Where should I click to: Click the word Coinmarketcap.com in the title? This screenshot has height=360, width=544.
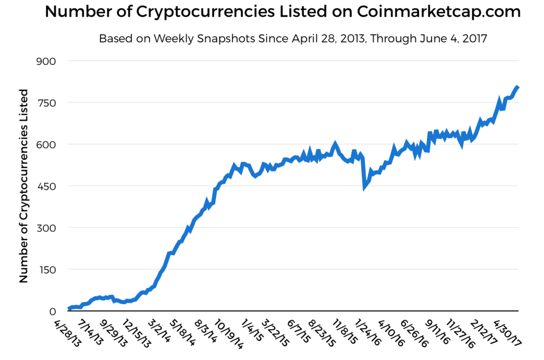pyautogui.click(x=439, y=12)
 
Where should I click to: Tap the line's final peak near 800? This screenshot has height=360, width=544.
pyautogui.click(x=517, y=87)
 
